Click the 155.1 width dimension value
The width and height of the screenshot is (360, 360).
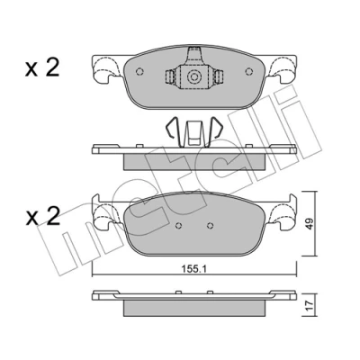click(x=194, y=269)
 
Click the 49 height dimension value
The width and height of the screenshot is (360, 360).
click(x=310, y=223)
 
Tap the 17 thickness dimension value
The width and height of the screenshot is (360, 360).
click(x=310, y=306)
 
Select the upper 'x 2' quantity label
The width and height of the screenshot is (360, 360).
click(x=42, y=68)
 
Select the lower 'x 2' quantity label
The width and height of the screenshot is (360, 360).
click(x=42, y=217)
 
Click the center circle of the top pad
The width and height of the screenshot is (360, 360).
click(x=194, y=76)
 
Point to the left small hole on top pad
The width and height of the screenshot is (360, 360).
click(x=139, y=71)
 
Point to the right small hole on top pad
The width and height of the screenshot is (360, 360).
click(x=248, y=71)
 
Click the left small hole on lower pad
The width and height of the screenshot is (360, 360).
click(x=179, y=226)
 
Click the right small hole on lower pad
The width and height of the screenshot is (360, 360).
click(x=211, y=226)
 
